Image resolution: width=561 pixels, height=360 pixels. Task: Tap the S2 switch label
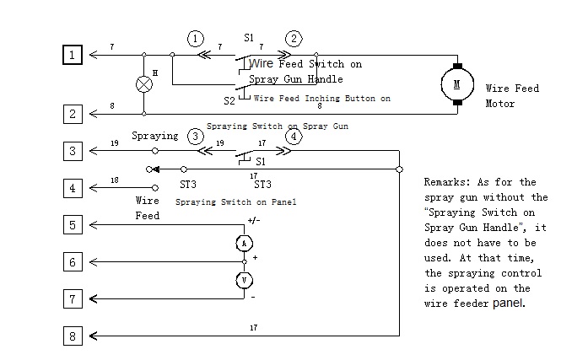(229, 101)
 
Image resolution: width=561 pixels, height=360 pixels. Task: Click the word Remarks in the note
(446, 182)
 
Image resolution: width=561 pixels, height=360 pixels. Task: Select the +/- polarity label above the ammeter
(254, 220)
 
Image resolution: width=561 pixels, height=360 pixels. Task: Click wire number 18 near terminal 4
(115, 180)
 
